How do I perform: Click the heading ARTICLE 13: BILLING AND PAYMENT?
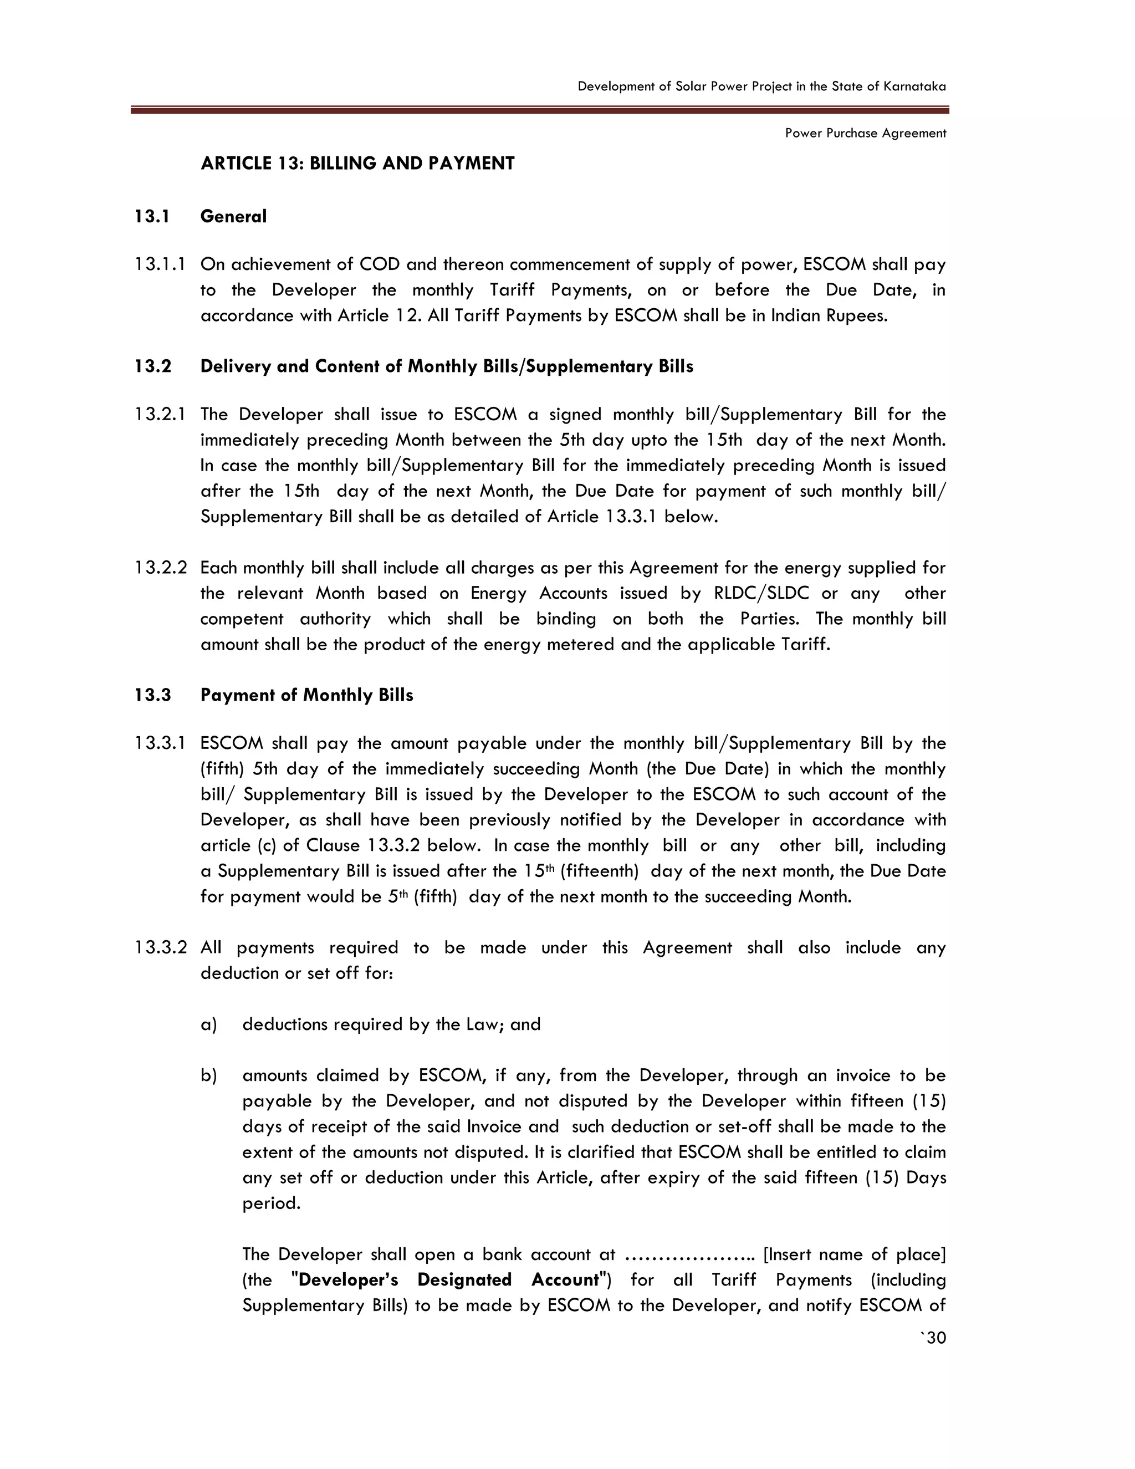[x=357, y=164]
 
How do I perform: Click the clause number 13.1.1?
[x=160, y=264]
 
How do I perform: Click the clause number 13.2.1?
[x=160, y=414]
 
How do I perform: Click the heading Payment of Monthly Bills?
[x=306, y=695]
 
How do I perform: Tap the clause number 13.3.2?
[x=160, y=948]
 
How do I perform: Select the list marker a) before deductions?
[x=208, y=1024]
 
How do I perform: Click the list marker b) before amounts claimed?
[x=208, y=1075]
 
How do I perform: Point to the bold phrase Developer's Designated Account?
[x=448, y=1279]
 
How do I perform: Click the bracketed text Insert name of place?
[x=855, y=1254]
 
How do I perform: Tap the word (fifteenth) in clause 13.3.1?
[x=599, y=871]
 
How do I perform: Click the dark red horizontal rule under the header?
[x=539, y=110]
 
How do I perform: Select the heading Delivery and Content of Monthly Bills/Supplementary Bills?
[x=447, y=366]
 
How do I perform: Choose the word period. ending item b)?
[x=272, y=1203]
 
